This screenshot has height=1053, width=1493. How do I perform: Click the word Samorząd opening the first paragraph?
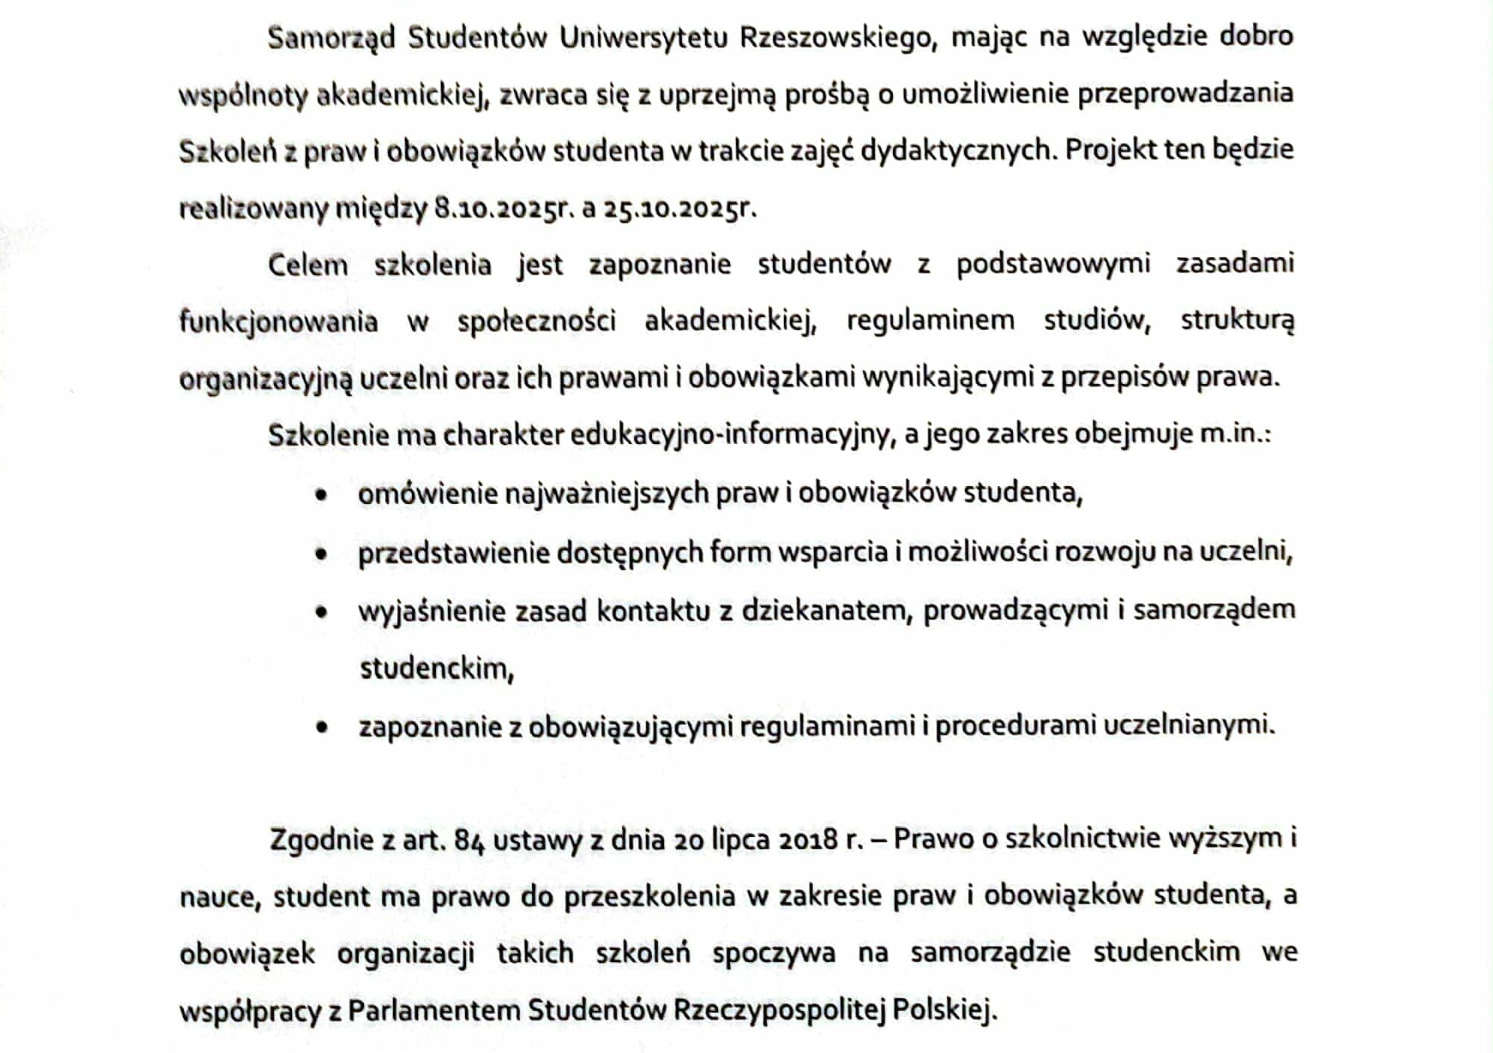pyautogui.click(x=331, y=37)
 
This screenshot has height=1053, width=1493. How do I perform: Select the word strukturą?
pyautogui.click(x=1237, y=321)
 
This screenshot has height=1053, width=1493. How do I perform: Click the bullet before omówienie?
pyautogui.click(x=322, y=495)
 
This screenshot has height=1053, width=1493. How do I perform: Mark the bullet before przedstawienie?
pyautogui.click(x=322, y=554)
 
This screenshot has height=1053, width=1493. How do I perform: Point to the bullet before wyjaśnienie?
pyautogui.click(x=322, y=612)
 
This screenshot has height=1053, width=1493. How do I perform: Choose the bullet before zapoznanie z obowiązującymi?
pyautogui.click(x=322, y=727)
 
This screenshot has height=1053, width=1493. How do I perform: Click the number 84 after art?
pyautogui.click(x=469, y=840)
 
